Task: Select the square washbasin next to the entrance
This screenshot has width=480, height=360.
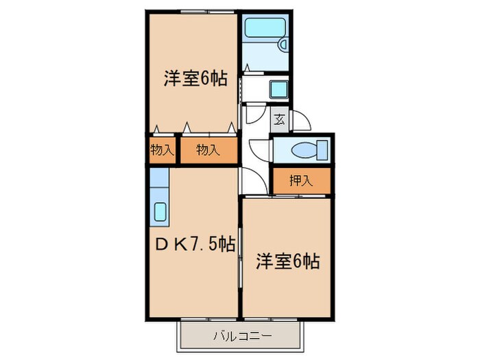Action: (279, 89)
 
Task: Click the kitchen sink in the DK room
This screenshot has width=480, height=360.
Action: (160, 212)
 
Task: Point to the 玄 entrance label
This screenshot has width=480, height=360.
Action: (280, 119)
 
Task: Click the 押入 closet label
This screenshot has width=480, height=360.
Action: (300, 181)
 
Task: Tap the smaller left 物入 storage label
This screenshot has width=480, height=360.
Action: (161, 150)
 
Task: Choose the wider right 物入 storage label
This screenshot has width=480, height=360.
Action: (208, 150)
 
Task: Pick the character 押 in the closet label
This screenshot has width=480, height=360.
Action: (294, 181)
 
